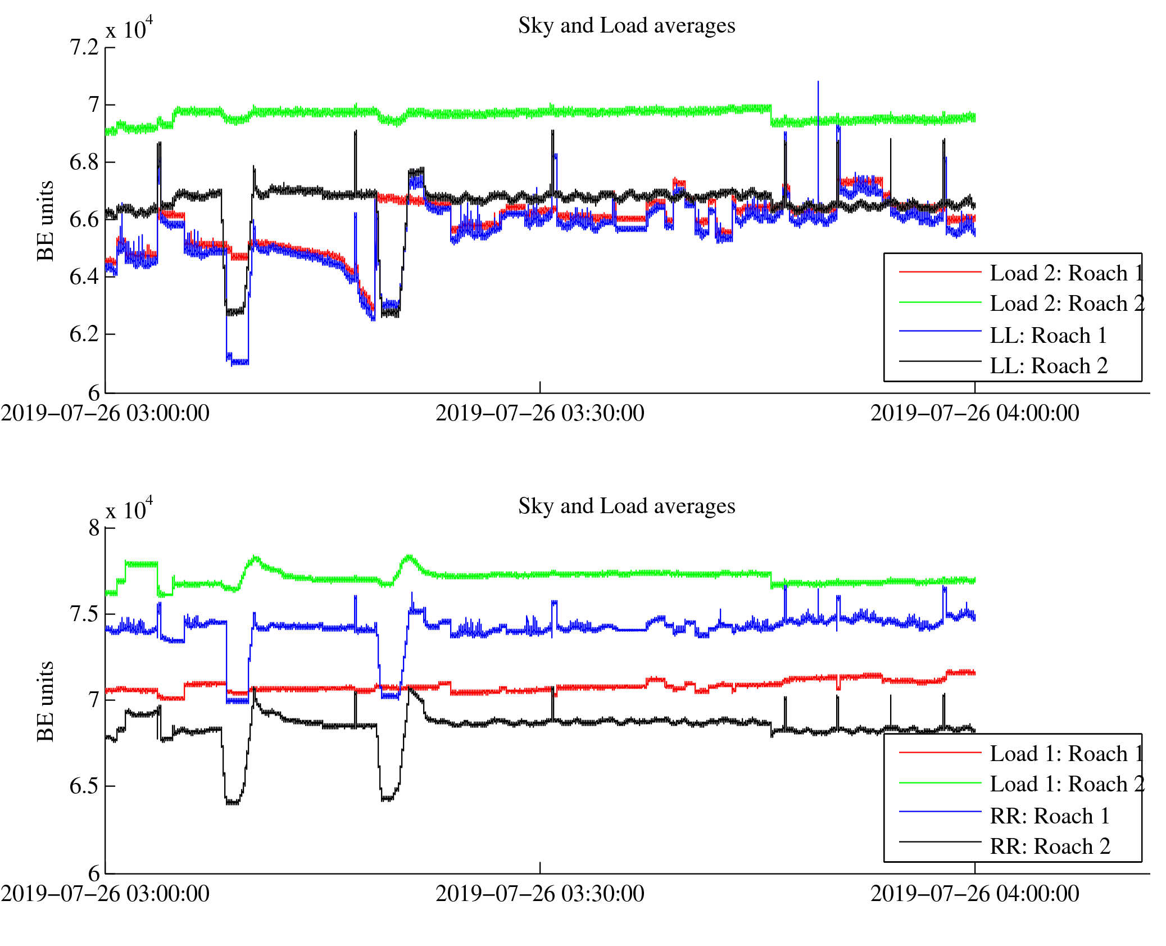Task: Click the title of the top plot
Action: (627, 26)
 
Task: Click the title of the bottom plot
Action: (627, 506)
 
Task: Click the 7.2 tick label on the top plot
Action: (84, 48)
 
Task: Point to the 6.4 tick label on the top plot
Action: (84, 277)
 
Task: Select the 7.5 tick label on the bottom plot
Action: (84, 614)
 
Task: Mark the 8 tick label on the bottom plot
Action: (94, 528)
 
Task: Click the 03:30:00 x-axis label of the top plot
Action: (540, 414)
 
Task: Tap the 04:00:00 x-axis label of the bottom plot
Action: (975, 894)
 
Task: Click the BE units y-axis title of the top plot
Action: (46, 221)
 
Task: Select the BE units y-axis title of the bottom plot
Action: (46, 701)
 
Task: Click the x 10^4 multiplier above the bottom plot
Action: (129, 509)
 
